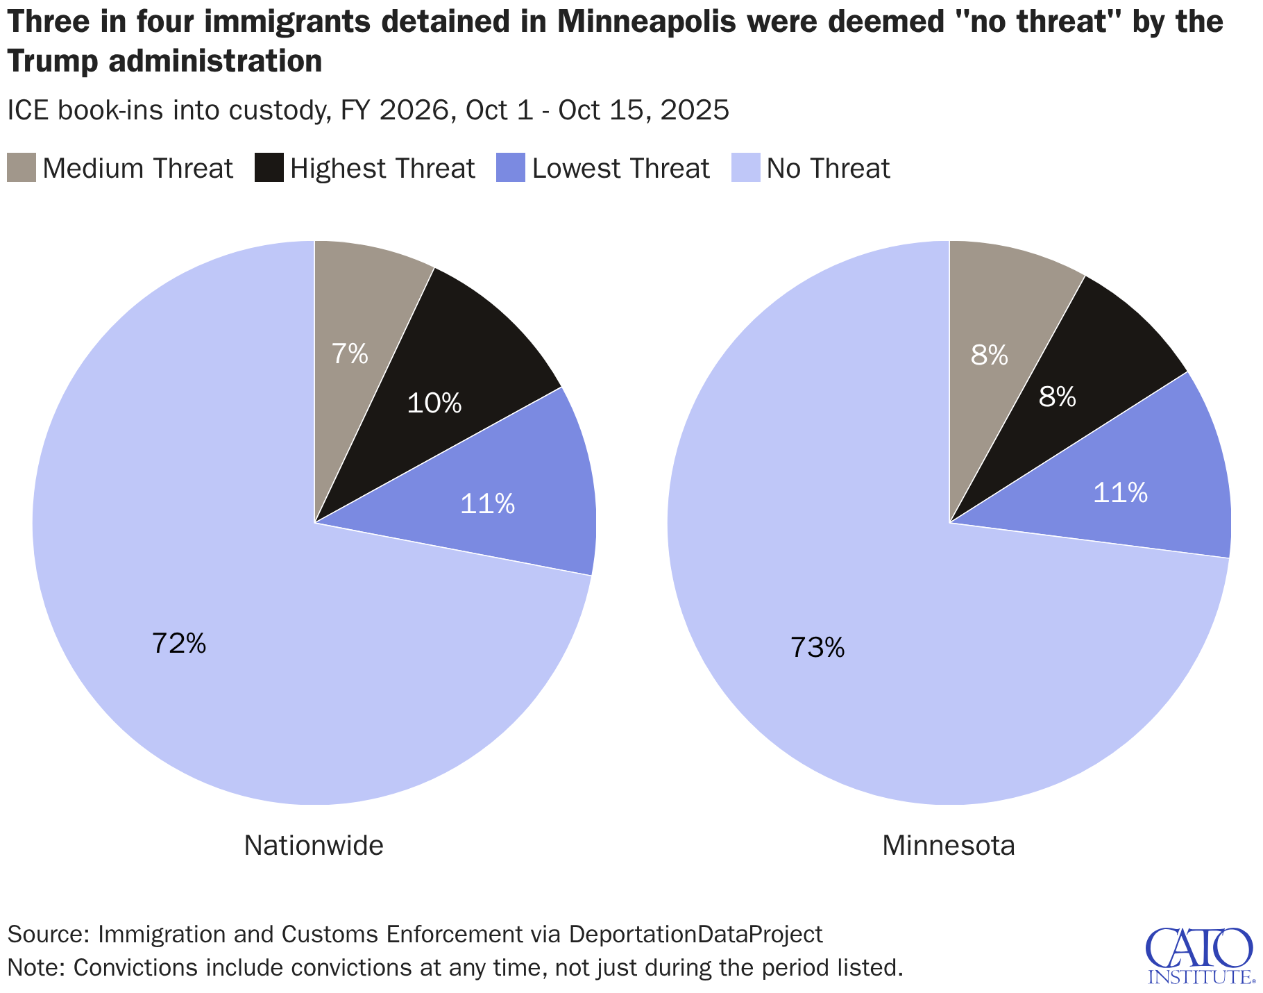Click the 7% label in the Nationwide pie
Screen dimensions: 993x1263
tap(349, 355)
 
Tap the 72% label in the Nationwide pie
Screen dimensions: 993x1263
tap(179, 644)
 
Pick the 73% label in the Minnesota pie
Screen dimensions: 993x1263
tap(817, 648)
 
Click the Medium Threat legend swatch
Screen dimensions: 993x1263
tap(22, 168)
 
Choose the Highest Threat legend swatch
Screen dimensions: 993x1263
tap(269, 168)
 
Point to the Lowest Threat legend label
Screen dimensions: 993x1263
tap(620, 169)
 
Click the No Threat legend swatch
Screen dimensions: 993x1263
tap(746, 168)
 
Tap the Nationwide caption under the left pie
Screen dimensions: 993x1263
tap(314, 846)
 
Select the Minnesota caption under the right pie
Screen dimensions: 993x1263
tap(949, 846)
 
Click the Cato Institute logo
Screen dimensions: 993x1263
tap(1199, 956)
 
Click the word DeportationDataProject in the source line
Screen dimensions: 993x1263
tap(695, 934)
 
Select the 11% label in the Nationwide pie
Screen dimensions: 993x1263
tap(487, 504)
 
